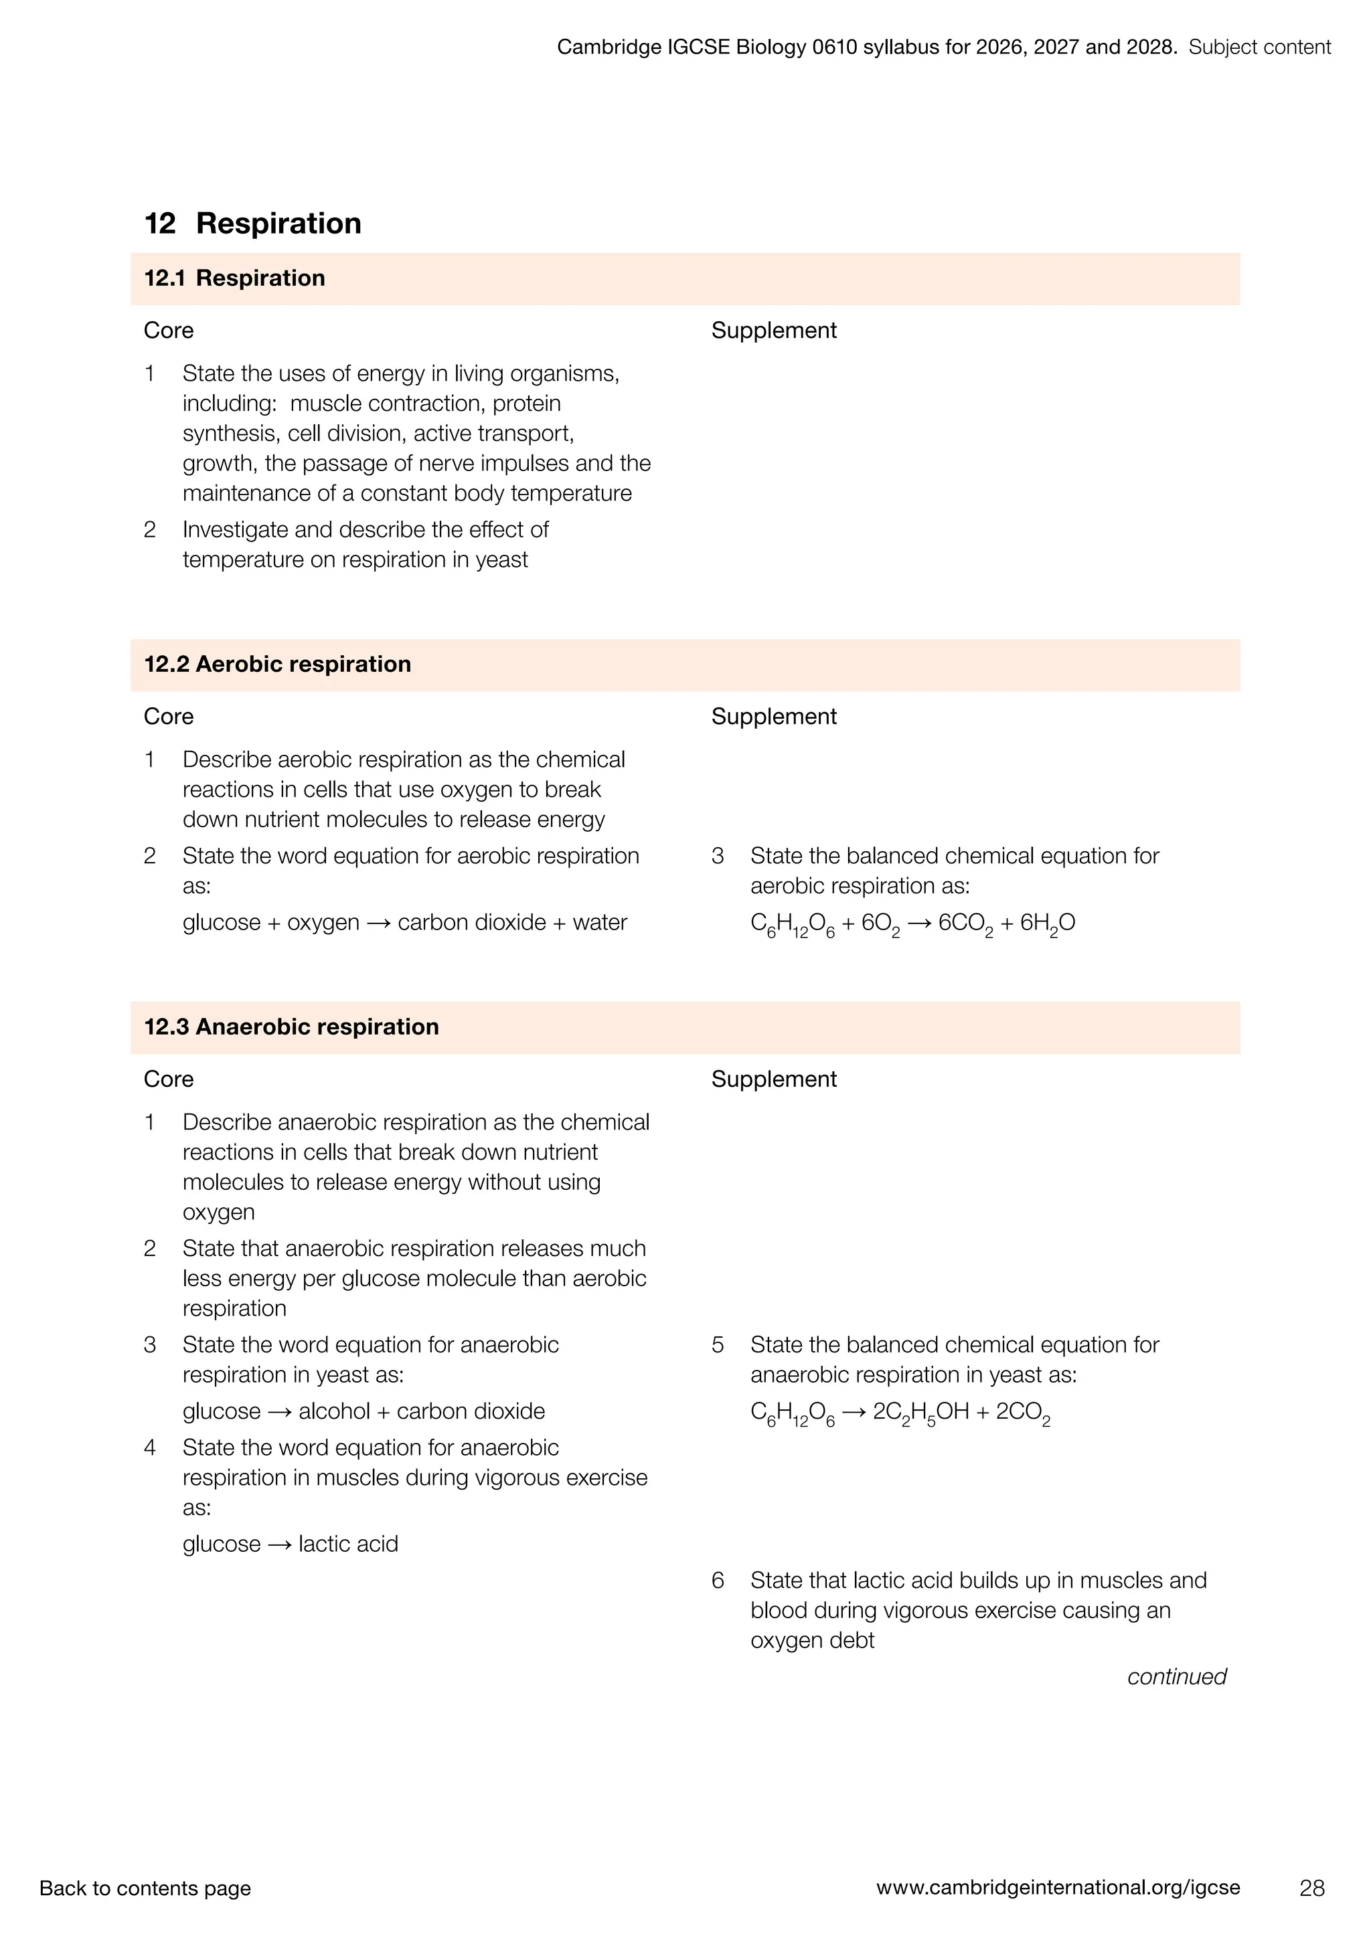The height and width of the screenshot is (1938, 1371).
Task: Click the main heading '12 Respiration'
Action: coord(252,224)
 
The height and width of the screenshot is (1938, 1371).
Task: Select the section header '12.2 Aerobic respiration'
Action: coord(277,665)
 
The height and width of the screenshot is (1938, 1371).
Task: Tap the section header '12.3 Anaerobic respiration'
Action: coord(291,1027)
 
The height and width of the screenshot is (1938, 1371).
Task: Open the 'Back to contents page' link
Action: coord(145,1888)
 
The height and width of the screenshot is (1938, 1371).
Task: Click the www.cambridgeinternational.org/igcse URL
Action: coord(1058,1887)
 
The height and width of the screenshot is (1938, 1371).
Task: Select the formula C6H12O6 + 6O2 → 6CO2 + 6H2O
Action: coord(912,923)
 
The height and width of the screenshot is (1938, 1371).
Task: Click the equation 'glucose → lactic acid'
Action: coord(290,1544)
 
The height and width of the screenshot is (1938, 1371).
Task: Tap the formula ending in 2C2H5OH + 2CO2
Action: coord(900,1413)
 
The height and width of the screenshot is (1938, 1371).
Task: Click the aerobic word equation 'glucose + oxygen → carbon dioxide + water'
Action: coord(404,923)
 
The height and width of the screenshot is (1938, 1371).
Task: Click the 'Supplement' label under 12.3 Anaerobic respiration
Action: coord(773,1079)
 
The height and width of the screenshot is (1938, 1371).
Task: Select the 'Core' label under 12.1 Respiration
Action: coord(168,331)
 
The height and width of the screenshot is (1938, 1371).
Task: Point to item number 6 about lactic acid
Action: coord(718,1580)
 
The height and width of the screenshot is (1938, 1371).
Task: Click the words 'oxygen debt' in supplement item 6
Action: coord(812,1640)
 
